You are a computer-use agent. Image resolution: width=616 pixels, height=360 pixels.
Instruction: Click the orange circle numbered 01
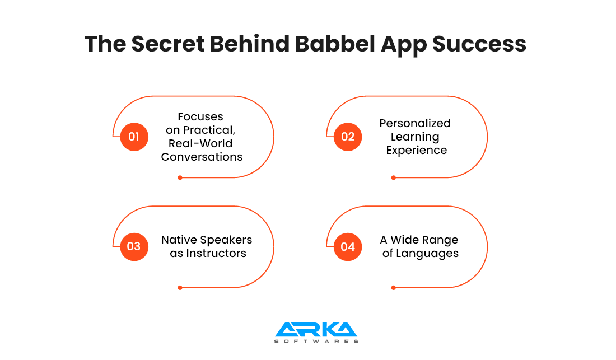tap(134, 137)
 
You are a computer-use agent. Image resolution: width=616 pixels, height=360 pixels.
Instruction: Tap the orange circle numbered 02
tap(348, 137)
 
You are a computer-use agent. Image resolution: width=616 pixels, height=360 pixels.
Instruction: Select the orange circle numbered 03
tap(134, 246)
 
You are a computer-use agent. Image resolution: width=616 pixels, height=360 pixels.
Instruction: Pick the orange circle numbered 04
tap(348, 246)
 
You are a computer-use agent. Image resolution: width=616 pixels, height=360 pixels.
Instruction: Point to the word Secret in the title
tap(168, 44)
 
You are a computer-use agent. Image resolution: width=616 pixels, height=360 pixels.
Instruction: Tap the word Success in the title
tap(479, 44)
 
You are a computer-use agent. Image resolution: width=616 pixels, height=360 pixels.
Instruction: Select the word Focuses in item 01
tap(200, 116)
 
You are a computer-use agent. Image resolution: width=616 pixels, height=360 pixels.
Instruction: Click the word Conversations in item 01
tap(202, 157)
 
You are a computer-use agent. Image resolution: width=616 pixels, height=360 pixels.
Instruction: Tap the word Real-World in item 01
tap(200, 143)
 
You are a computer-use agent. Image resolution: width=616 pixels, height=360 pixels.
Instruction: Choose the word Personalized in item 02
tap(415, 123)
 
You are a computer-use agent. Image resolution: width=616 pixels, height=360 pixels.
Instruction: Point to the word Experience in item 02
tap(417, 151)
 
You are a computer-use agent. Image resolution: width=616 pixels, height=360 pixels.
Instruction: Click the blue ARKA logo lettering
tap(316, 330)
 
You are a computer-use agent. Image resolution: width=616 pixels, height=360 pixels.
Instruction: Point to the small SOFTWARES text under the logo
tap(316, 341)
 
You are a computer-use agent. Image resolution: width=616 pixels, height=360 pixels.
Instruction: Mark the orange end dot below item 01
tap(180, 178)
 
